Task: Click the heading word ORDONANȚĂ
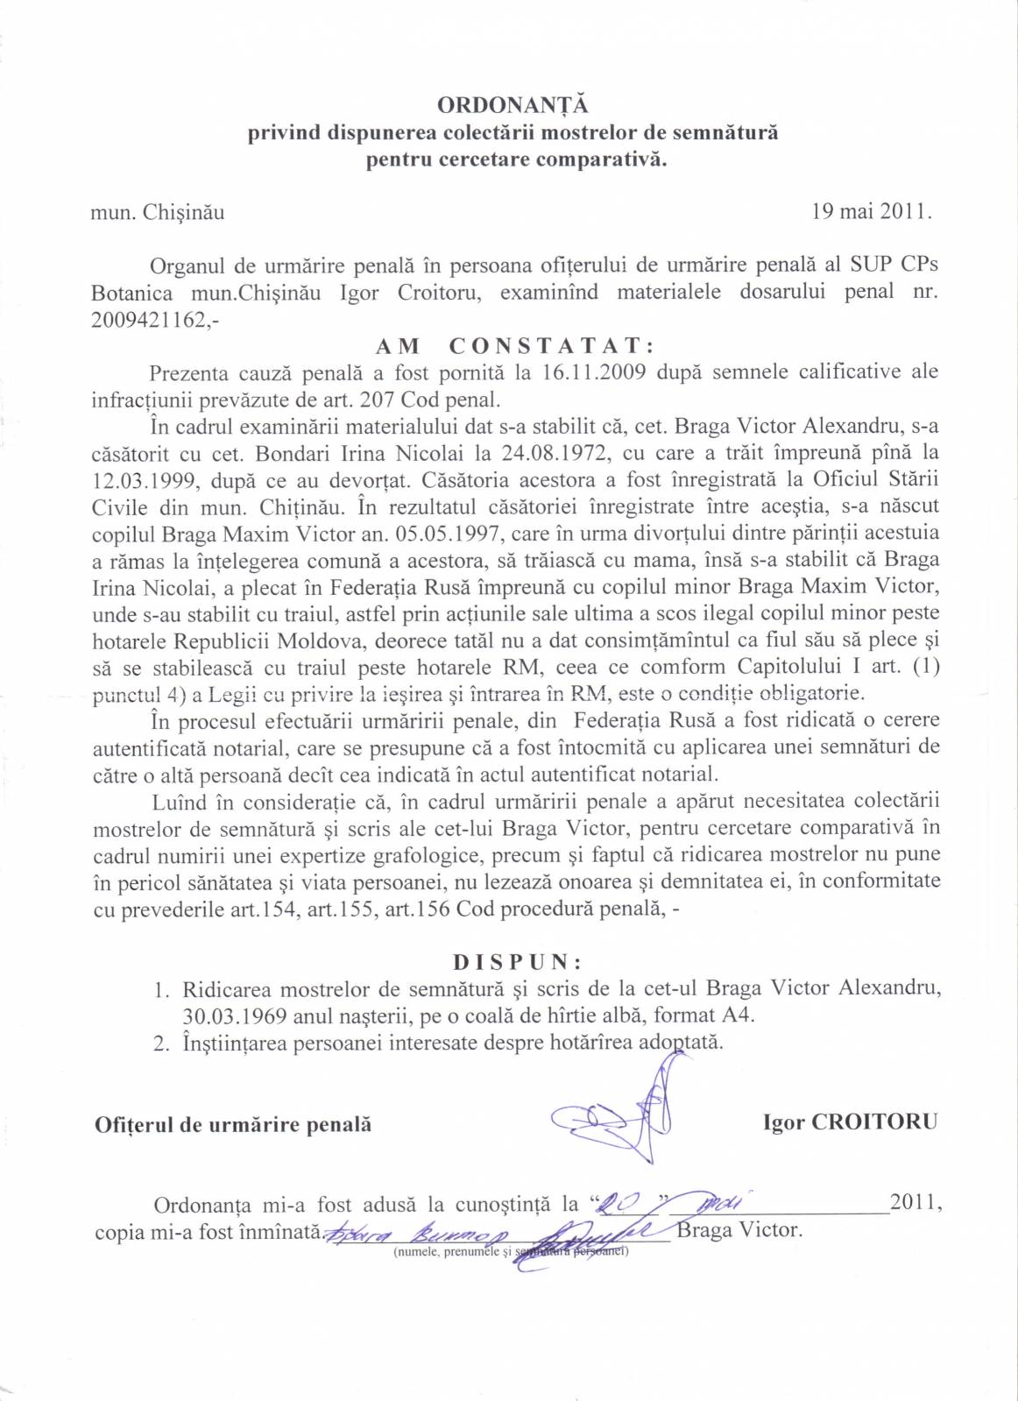pyautogui.click(x=513, y=105)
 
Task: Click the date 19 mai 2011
pyautogui.click(x=871, y=211)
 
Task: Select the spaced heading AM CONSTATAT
pyautogui.click(x=514, y=345)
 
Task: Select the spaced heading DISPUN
pyautogui.click(x=517, y=962)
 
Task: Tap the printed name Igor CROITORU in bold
pyautogui.click(x=849, y=1122)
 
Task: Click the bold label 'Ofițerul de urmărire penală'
pyautogui.click(x=233, y=1125)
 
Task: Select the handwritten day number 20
pyautogui.click(x=619, y=1206)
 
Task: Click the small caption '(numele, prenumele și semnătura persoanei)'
pyautogui.click(x=511, y=1251)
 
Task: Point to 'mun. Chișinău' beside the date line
pyautogui.click(x=158, y=212)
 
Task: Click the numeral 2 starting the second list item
pyautogui.click(x=160, y=1044)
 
